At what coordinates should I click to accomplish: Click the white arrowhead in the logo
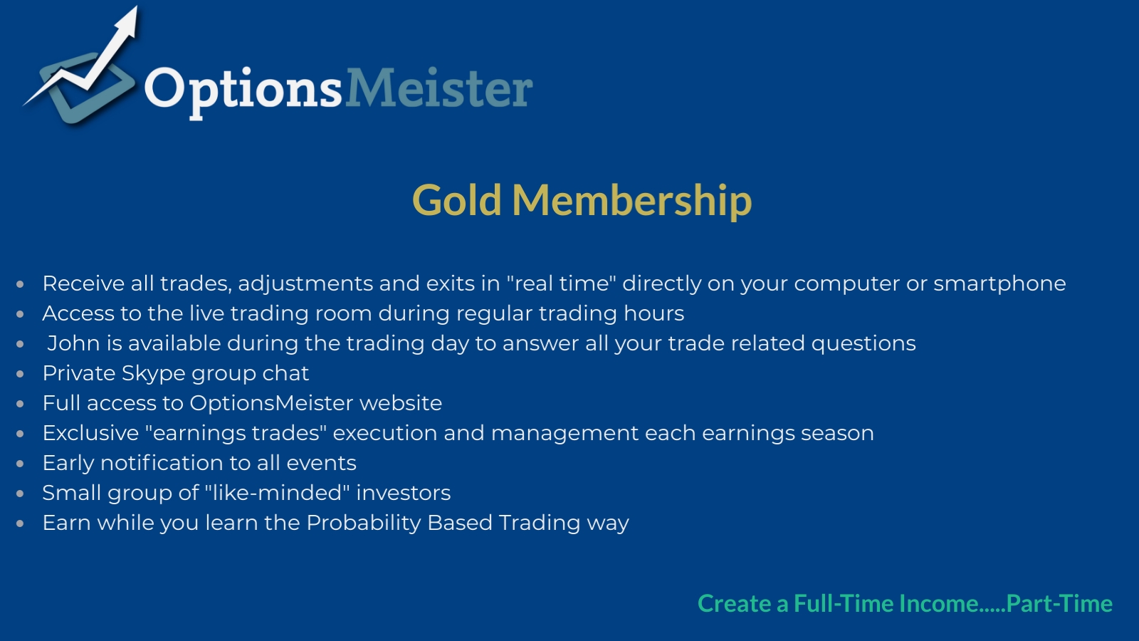pyautogui.click(x=127, y=23)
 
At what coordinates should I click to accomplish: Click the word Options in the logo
pyautogui.click(x=243, y=92)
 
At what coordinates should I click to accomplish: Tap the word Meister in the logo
pyautogui.click(x=439, y=88)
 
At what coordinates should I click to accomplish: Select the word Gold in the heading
pyautogui.click(x=456, y=200)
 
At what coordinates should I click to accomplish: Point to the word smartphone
pyautogui.click(x=999, y=284)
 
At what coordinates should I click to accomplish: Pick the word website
pyautogui.click(x=401, y=403)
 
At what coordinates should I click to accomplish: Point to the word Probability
pyautogui.click(x=364, y=523)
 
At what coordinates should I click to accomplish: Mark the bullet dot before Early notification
pyautogui.click(x=21, y=464)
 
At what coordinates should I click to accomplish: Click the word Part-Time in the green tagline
pyautogui.click(x=1059, y=603)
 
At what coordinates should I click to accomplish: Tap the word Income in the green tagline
pyautogui.click(x=939, y=603)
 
